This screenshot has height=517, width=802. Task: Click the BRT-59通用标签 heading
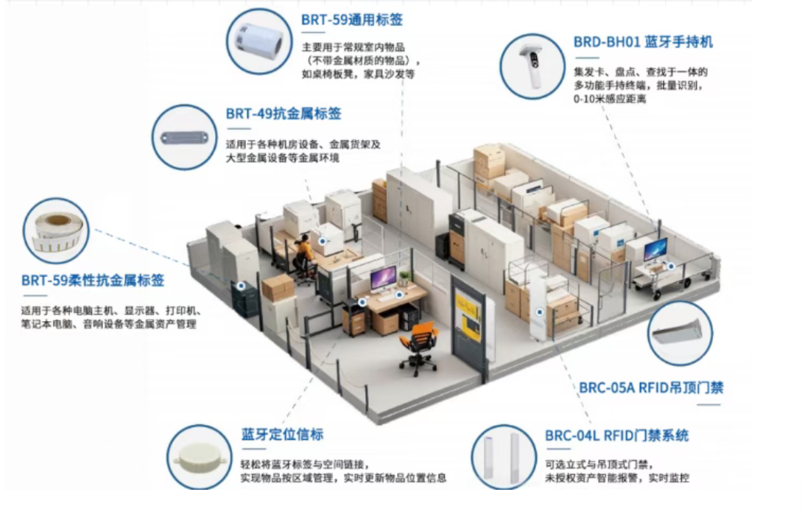pyautogui.click(x=352, y=20)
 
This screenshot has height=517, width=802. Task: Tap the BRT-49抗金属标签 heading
pyautogui.click(x=284, y=113)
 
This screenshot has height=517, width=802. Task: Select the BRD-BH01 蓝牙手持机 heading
pyautogui.click(x=643, y=41)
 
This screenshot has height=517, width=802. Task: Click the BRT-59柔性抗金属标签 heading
pyautogui.click(x=93, y=281)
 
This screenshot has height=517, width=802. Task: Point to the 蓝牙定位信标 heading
pyautogui.click(x=282, y=435)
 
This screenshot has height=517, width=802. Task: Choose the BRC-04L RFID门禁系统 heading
pyautogui.click(x=617, y=435)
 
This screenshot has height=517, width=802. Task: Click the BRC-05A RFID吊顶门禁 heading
pyautogui.click(x=651, y=387)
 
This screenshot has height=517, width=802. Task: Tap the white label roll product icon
pyautogui.click(x=260, y=41)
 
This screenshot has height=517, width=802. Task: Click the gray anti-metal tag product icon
pyautogui.click(x=184, y=138)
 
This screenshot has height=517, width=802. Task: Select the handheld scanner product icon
pyautogui.click(x=532, y=66)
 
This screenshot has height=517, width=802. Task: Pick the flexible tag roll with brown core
pyautogui.click(x=56, y=232)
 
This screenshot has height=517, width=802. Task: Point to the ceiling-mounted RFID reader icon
pyautogui.click(x=680, y=332)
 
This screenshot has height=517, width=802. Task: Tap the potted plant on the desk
pyautogui.click(x=404, y=278)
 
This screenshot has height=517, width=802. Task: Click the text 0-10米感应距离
pyautogui.click(x=609, y=99)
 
